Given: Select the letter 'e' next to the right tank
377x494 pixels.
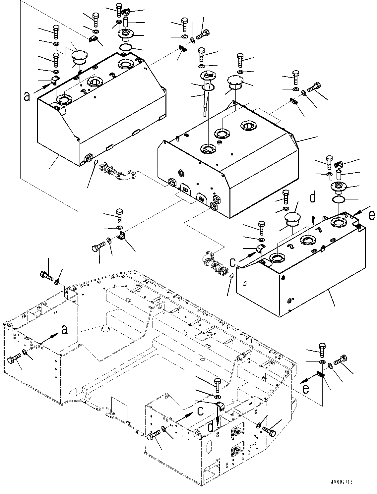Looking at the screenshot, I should [x=372, y=215].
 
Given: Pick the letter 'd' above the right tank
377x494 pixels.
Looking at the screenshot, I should [x=313, y=198].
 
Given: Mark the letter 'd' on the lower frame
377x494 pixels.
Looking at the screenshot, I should [x=211, y=427].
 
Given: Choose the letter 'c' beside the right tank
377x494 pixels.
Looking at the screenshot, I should [x=232, y=262].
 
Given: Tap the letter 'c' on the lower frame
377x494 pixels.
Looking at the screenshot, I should [x=200, y=411].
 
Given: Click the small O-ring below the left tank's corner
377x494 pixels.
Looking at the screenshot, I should [x=95, y=162].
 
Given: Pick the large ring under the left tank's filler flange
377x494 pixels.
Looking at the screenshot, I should [x=125, y=47].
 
